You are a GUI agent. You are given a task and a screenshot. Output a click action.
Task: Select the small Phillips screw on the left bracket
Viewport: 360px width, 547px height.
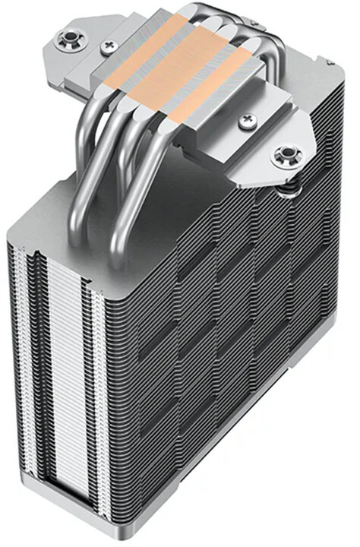coord(109,48)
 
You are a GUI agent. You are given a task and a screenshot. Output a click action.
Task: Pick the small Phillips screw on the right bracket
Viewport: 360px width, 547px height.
coord(248,120)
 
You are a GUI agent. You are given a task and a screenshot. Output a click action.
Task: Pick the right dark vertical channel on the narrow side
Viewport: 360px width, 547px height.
coord(92,410)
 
